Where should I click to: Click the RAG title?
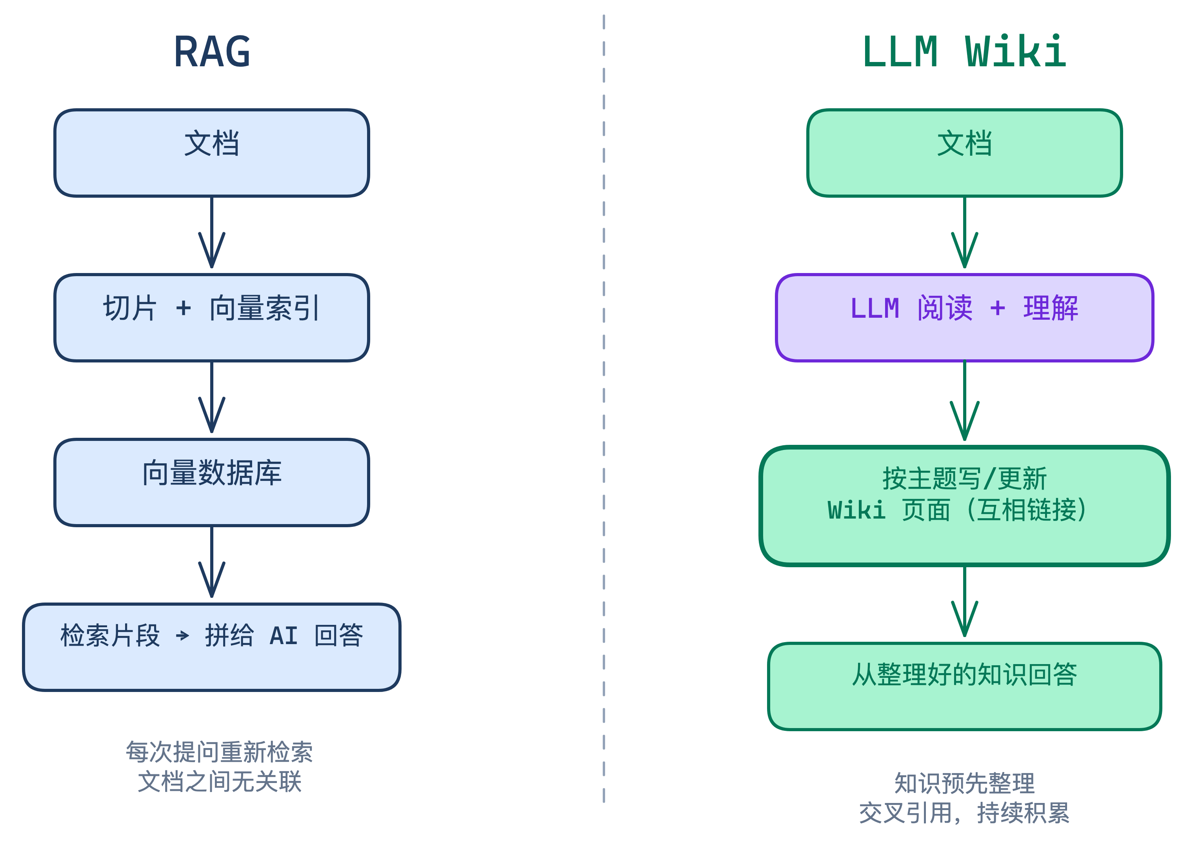tap(212, 52)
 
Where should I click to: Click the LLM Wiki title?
tap(964, 52)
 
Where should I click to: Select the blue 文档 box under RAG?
tap(212, 153)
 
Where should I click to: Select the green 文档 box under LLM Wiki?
tap(964, 153)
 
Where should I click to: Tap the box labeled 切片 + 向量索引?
tap(212, 317)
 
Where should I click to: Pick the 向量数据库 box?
tap(212, 482)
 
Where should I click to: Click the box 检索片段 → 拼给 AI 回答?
tap(212, 646)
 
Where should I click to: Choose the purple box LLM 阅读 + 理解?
tap(964, 317)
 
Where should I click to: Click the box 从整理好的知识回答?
tap(964, 686)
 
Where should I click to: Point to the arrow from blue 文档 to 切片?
tap(212, 233)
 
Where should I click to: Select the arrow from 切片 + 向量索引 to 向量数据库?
tap(212, 397)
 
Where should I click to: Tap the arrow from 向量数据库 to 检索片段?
tap(212, 562)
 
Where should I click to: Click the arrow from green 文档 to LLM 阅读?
tap(964, 233)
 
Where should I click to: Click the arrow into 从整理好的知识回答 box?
tap(964, 602)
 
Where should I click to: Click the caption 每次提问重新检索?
tap(219, 752)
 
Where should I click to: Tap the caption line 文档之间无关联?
tap(219, 781)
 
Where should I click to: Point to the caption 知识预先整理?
tap(964, 783)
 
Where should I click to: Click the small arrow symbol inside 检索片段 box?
tap(182, 635)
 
